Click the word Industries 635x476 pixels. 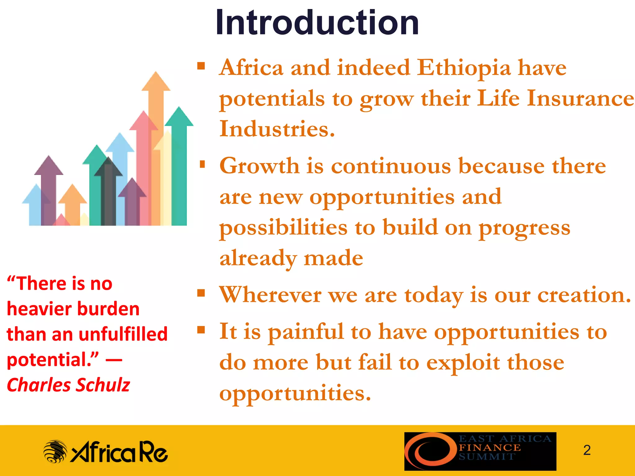[277, 129]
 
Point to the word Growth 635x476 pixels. [259, 166]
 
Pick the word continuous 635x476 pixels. [391, 166]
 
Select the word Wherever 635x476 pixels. [270, 295]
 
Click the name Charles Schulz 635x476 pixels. [68, 385]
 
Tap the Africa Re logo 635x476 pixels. [105, 452]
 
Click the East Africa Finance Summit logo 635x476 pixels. [480, 451]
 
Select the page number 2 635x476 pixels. [587, 450]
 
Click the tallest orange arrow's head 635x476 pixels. [156, 82]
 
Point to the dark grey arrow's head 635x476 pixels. [108, 167]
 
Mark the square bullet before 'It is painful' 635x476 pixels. [201, 330]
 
